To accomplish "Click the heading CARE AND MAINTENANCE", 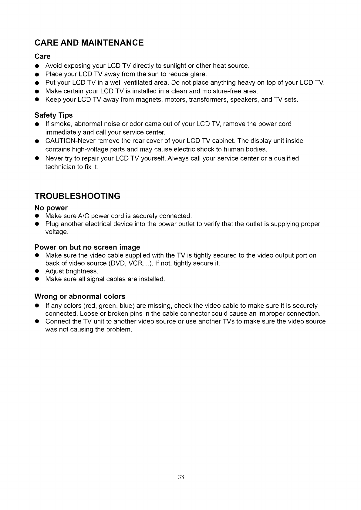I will point(89,43).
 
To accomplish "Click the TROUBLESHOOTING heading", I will point(77,196).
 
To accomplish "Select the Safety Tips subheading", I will point(54,115).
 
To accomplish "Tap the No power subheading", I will point(51,208).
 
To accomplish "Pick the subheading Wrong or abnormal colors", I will point(80,296).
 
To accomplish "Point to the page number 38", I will point(181,477).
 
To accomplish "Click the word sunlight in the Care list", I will point(175,66).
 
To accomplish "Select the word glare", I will point(198,74).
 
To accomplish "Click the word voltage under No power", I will point(56,232).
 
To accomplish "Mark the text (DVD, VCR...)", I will point(131,263).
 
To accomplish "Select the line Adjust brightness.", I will point(72,271).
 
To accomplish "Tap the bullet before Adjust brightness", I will point(36,271).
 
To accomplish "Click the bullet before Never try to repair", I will point(36,159).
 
